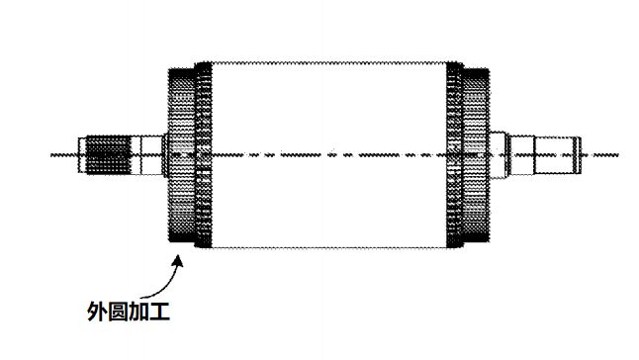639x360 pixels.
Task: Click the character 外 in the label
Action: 99,314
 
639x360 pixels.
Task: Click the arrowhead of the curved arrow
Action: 178,259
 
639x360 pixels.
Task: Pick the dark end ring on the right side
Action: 476,154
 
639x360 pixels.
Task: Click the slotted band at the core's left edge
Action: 204,154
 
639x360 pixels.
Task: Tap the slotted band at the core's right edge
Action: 453,154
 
